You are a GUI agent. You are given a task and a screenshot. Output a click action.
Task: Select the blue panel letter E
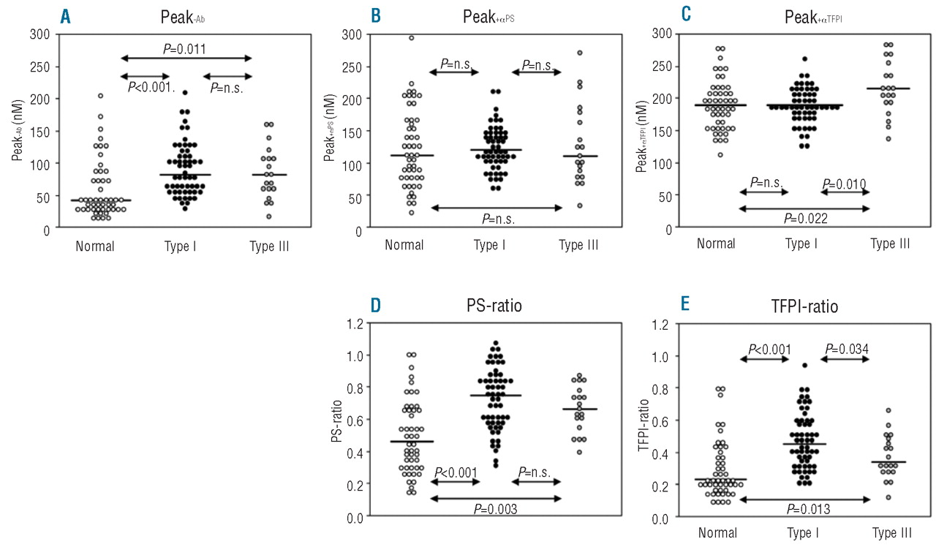tap(685, 303)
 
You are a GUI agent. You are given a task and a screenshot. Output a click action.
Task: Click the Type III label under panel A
tap(268, 246)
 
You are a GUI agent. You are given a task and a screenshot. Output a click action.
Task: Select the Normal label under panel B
tap(404, 246)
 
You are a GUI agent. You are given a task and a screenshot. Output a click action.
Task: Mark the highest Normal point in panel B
tap(411, 38)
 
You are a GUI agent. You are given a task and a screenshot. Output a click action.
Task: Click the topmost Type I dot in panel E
tap(804, 365)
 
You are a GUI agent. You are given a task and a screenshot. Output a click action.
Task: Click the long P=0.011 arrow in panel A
tap(186, 59)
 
